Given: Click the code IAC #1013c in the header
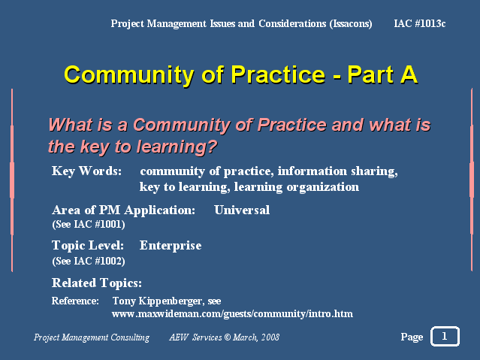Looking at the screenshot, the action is pos(419,23).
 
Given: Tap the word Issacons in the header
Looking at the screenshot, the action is pos(351,24).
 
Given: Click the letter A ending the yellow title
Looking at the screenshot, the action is pos(409,74).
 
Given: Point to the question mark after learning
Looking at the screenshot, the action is pos(212,146).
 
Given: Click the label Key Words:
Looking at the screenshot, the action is pos(86,171).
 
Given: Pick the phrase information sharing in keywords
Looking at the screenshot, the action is pos(337,171).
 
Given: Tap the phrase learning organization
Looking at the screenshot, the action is pos(296,187).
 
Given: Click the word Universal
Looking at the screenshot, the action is pos(242,210).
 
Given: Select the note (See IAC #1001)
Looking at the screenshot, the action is pos(89,225).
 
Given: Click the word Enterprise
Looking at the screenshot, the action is pos(171,246).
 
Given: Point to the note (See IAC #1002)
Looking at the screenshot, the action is pos(89,262).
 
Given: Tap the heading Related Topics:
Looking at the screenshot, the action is pos(97,283).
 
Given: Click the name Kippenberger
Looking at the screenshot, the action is pos(171,301).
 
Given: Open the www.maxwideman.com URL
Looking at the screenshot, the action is pos(232,314).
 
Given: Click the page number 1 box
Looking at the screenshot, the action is pos(445,337).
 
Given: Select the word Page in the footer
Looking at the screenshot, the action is pos(412,337).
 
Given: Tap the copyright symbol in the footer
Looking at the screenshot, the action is pos(228,337).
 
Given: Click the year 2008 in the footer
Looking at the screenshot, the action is pos(270,337).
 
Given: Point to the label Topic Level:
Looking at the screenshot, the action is pos(88,246).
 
